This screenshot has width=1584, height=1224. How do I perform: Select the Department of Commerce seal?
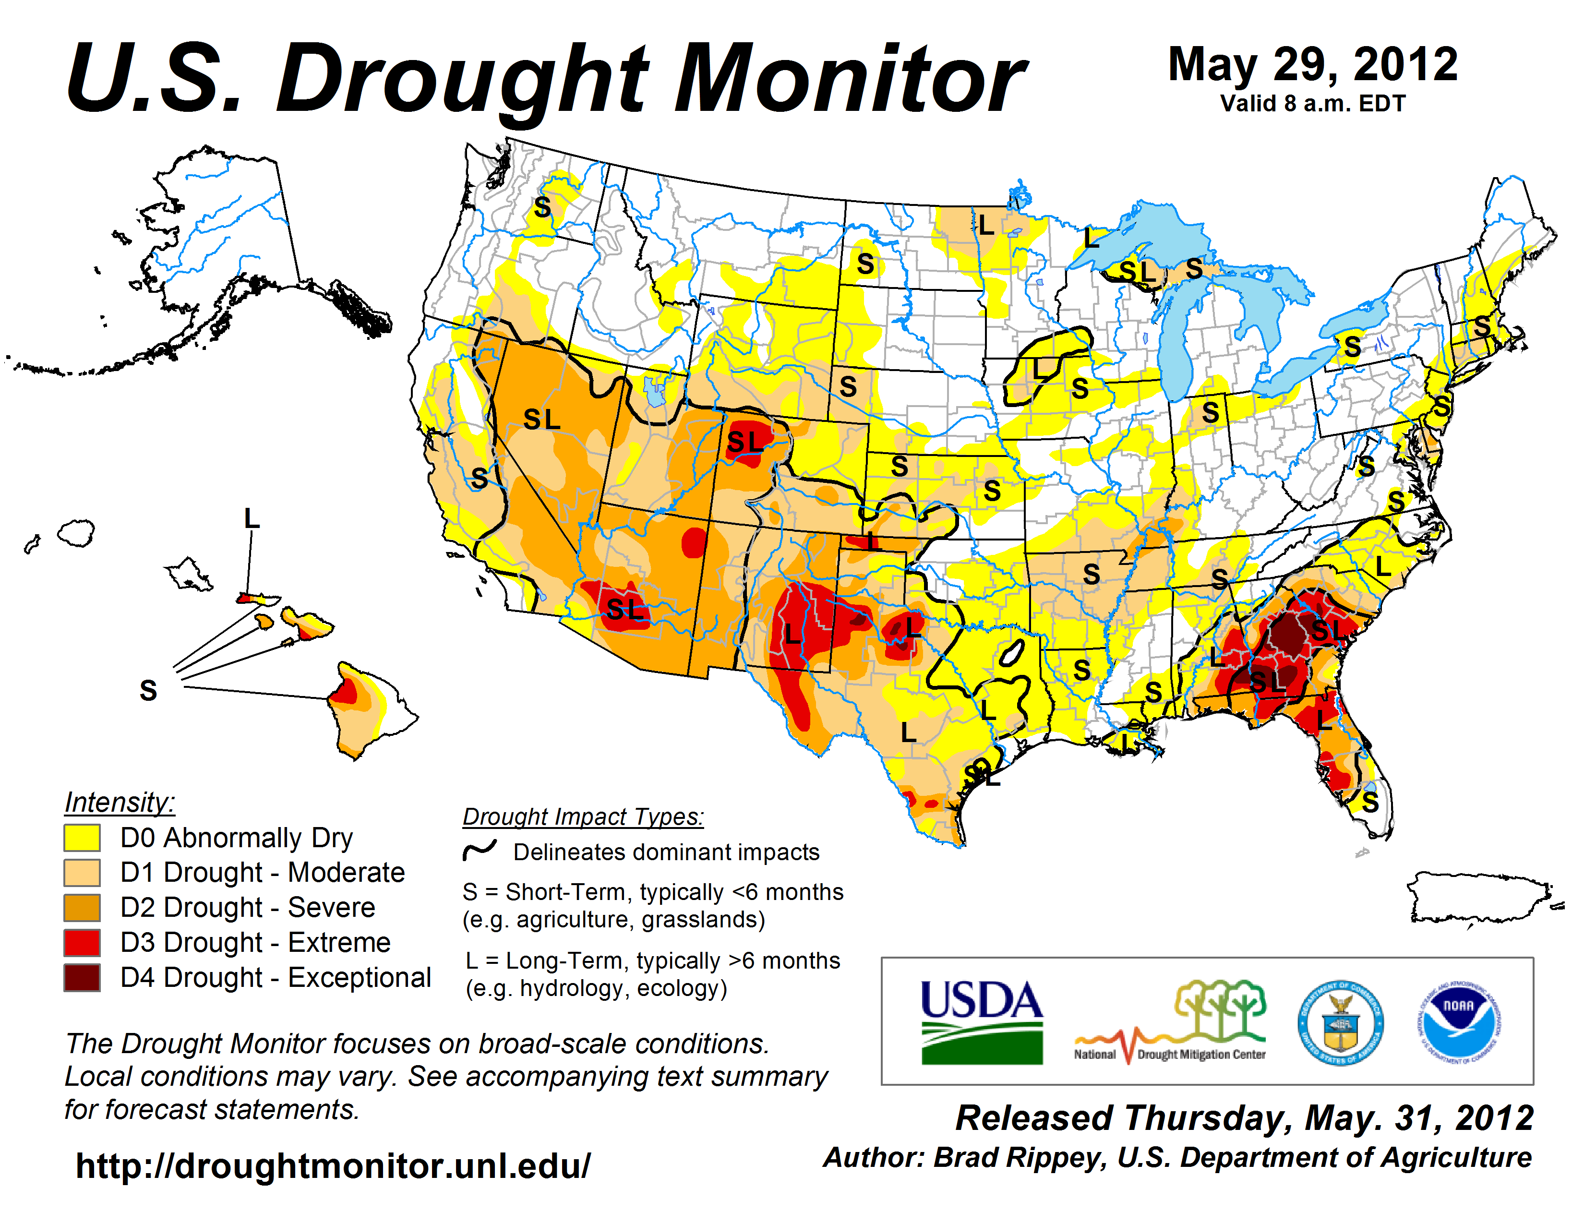1340,1022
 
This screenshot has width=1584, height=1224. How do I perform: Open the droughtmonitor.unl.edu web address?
333,1166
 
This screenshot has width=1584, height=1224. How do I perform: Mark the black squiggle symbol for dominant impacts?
480,850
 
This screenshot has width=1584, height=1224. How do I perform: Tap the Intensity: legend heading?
120,802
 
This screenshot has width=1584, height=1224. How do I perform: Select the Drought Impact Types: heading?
583,816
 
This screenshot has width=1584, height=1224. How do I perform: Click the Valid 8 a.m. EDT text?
1313,104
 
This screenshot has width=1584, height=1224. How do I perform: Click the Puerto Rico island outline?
1479,898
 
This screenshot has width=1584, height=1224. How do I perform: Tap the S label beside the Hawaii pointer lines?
148,690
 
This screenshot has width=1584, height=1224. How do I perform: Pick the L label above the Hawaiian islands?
251,518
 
